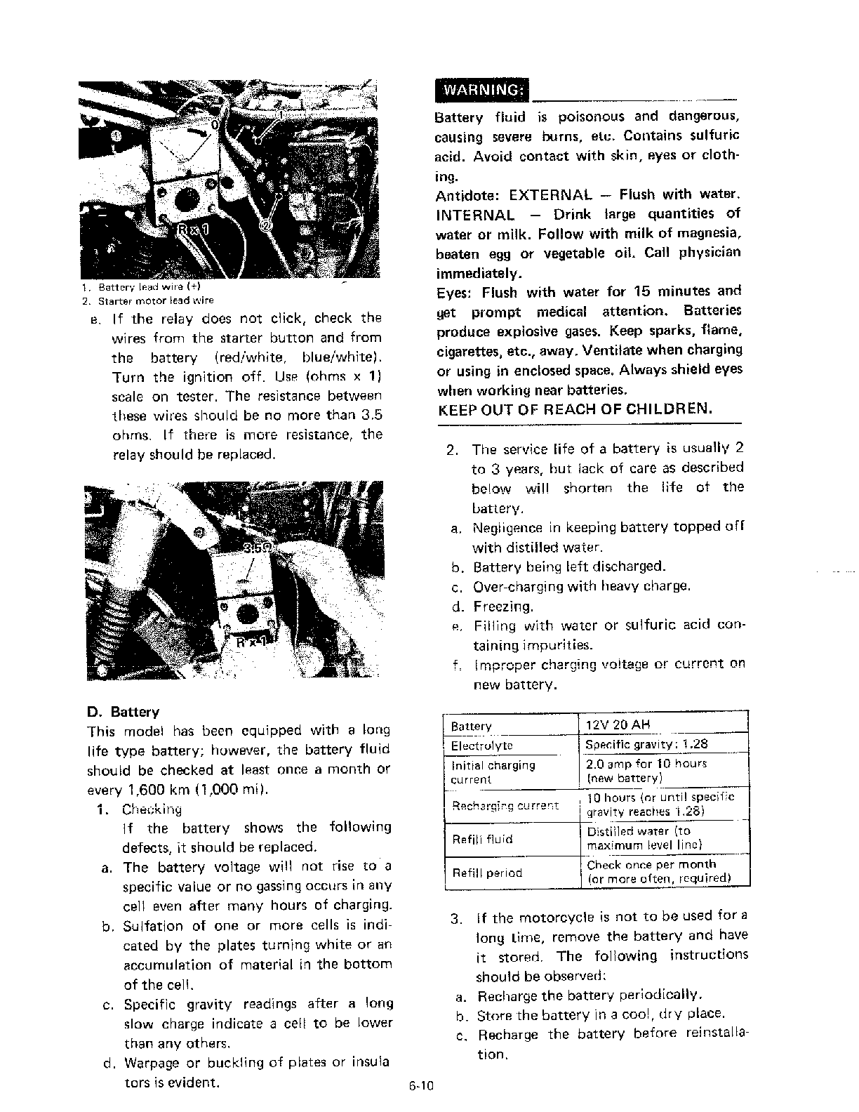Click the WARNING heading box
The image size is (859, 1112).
[481, 90]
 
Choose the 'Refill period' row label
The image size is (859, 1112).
[487, 873]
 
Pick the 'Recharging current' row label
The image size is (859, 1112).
[505, 805]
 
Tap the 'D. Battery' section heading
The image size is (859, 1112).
[122, 712]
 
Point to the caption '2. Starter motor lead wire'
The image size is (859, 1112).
[147, 300]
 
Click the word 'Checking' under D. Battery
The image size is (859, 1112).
[152, 809]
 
